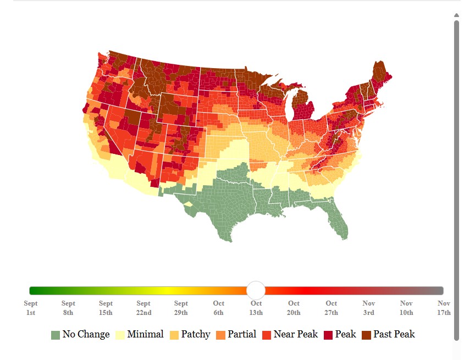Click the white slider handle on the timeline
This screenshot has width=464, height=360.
(256, 290)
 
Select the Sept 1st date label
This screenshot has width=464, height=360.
(31, 308)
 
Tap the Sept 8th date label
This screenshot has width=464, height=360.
(68, 308)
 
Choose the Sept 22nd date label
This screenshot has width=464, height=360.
(143, 308)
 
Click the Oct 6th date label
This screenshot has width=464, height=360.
(218, 308)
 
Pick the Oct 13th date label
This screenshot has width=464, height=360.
(256, 308)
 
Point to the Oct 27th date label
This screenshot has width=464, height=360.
(331, 308)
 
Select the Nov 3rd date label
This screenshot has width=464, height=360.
(368, 308)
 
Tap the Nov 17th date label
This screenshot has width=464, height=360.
(444, 308)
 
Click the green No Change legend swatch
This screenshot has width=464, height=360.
(55, 335)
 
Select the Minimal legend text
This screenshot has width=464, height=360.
(145, 334)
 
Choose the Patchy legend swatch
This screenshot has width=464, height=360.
(174, 335)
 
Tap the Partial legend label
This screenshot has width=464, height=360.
(242, 334)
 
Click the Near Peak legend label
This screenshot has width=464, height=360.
(295, 334)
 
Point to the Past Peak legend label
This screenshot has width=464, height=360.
(394, 334)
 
